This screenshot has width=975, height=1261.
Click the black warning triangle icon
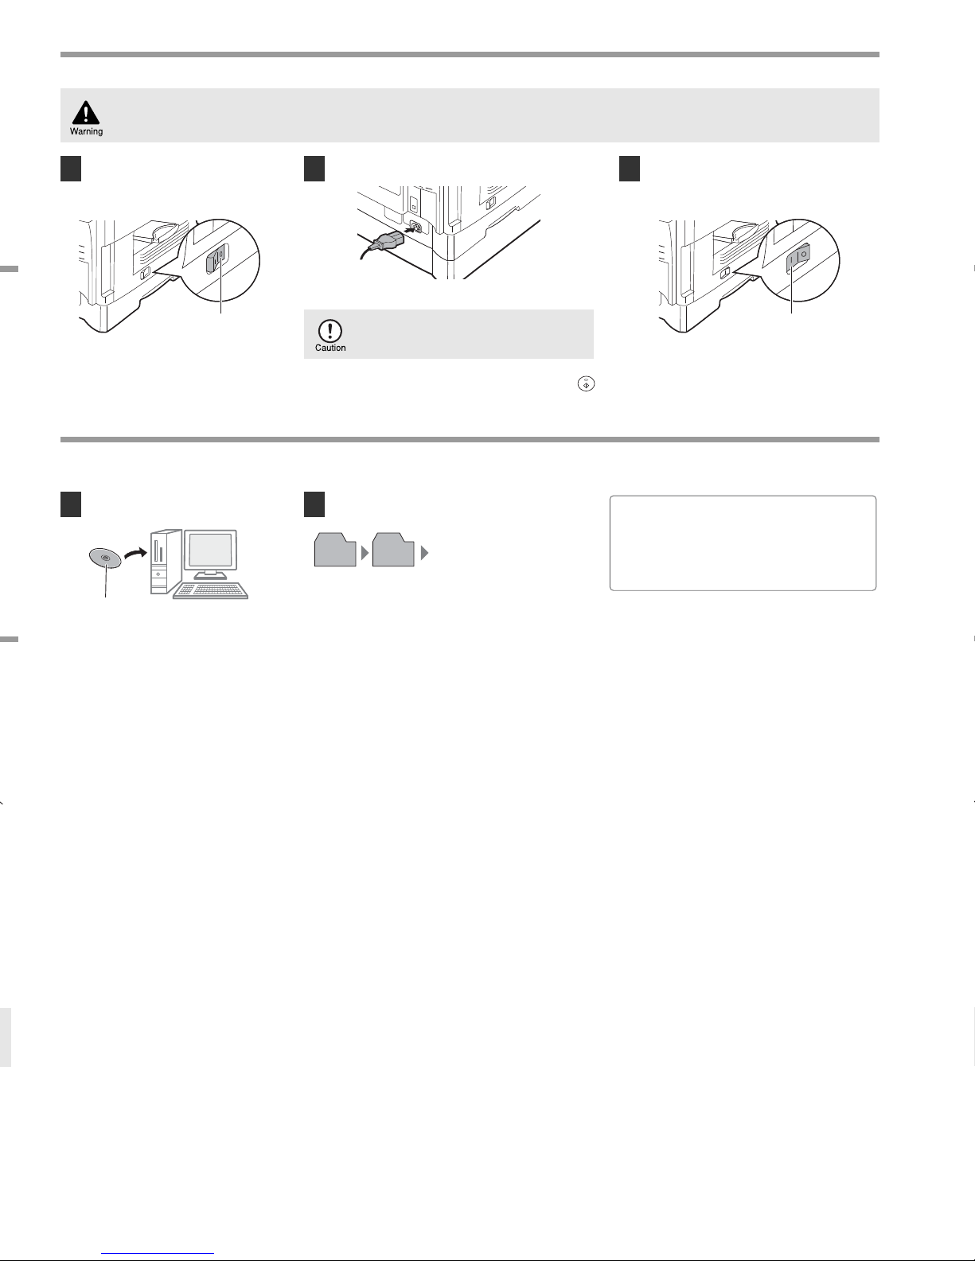coord(86,113)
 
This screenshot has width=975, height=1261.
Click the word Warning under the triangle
coord(87,132)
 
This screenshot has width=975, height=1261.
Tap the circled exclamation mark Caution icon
coord(330,331)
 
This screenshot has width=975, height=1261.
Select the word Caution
coord(330,348)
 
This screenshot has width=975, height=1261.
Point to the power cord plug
coord(383,240)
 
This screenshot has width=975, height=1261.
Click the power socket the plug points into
coord(415,226)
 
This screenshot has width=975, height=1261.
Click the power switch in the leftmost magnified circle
coord(217,258)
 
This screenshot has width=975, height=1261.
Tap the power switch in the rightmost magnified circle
coord(798,258)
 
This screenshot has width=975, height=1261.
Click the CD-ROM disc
coord(105,558)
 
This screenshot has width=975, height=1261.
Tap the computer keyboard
coord(211,590)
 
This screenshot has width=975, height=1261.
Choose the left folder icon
coord(335,550)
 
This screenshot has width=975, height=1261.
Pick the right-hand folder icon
coord(393,550)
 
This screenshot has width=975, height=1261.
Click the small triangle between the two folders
coord(365,553)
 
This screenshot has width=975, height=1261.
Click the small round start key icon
coord(586,383)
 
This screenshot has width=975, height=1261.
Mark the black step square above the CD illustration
coord(71,504)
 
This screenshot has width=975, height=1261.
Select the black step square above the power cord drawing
coord(314,169)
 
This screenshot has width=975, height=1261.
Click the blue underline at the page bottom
coord(158,1254)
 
